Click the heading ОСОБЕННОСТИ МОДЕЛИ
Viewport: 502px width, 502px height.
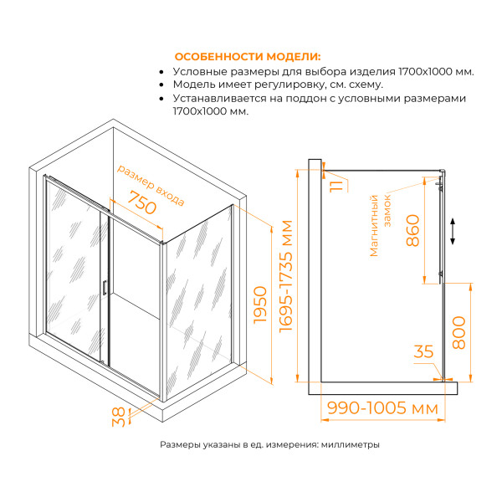pos(247,56)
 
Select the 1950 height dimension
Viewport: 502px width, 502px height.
pos(259,310)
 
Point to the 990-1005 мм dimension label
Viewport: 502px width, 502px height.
pos(383,409)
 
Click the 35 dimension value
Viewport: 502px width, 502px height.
pos(424,352)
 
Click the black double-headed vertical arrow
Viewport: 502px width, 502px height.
pos(453,231)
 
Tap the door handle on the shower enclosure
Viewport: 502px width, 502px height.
pos(104,288)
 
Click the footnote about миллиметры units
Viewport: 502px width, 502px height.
pos(269,445)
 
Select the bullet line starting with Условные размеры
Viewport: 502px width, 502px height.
pos(323,71)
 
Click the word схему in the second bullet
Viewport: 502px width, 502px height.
pos(366,85)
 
